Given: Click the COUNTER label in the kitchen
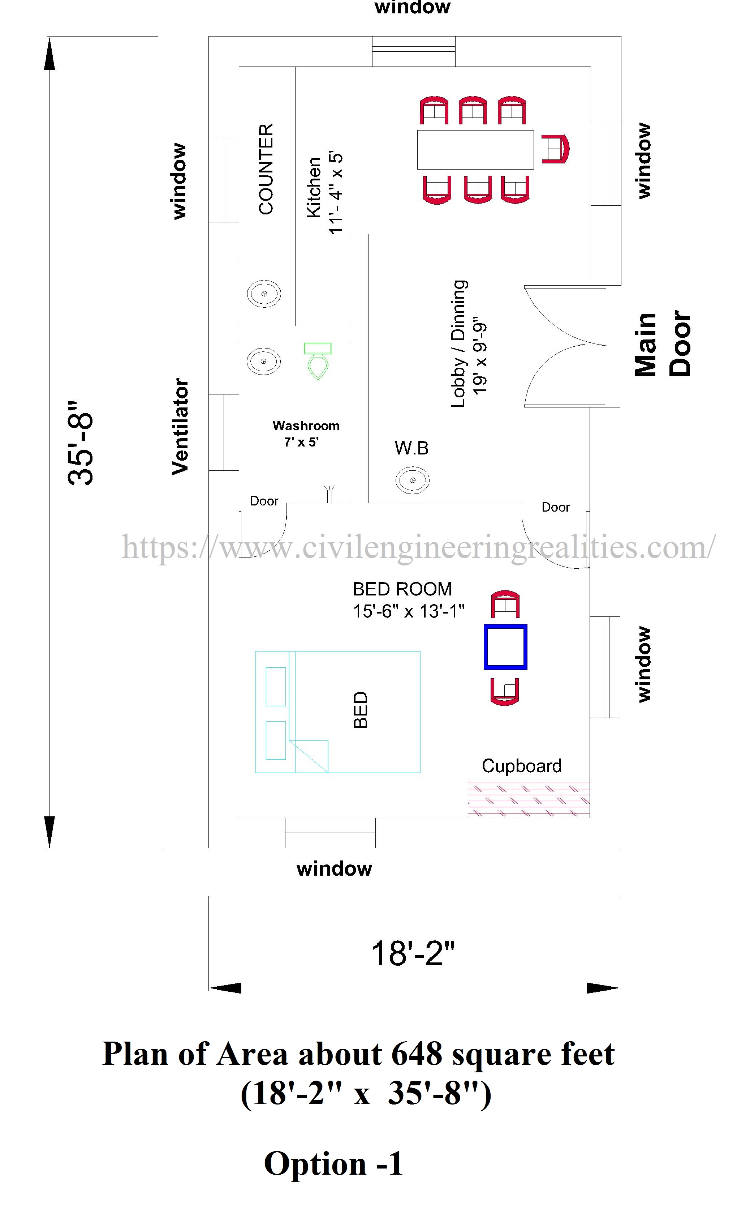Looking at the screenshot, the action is pos(266,169).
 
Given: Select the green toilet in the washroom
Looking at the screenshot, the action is pos(318,361).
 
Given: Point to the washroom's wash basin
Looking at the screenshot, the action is pos(264,361).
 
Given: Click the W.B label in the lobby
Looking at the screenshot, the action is pos(412,448).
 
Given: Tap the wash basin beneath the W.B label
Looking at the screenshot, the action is pos(412,480).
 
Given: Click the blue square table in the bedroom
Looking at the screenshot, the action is pos(505,647).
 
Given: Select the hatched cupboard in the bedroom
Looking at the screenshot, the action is pos(529,798).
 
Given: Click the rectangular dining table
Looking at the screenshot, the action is pos(475,150).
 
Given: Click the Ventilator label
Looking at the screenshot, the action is pos(180,426).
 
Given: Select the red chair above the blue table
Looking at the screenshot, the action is pos(505,604).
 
